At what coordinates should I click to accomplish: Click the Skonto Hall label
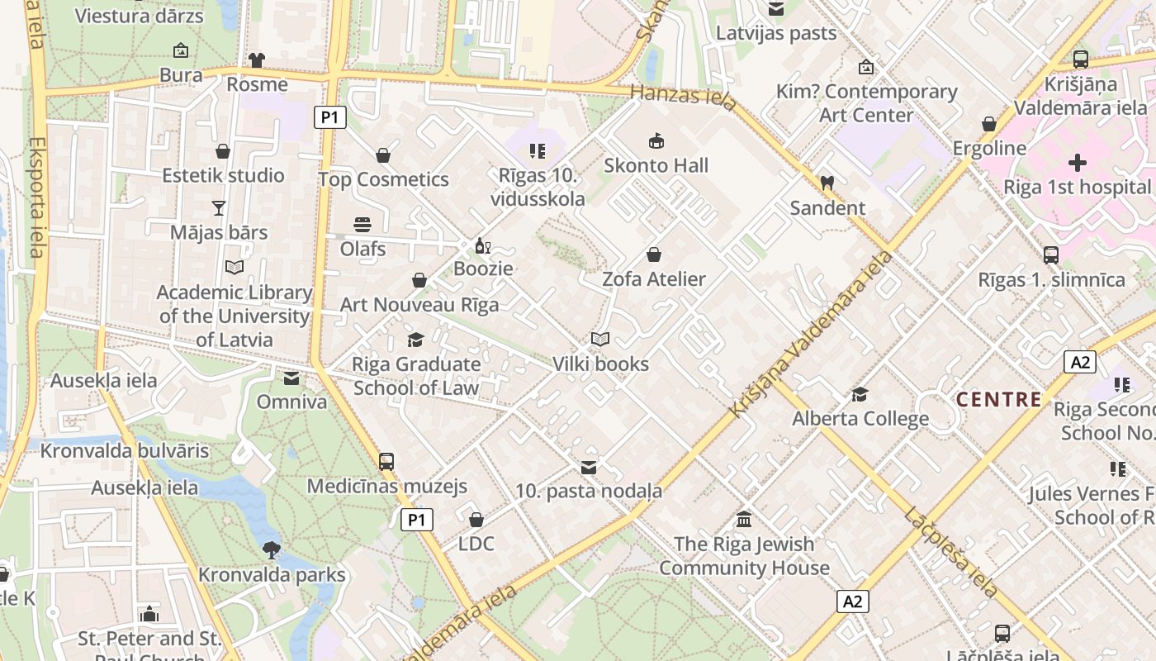tap(656, 165)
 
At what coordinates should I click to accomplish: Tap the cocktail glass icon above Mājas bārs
tap(219, 207)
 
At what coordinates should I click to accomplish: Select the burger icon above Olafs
tap(362, 224)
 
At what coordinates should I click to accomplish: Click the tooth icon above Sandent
tap(827, 183)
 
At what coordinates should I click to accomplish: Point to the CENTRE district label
tap(999, 400)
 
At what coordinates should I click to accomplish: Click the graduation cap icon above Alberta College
tap(860, 393)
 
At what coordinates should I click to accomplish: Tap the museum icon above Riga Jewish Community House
tap(744, 519)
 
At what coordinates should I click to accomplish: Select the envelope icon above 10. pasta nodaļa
tap(589, 468)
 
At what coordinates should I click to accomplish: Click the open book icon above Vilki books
tap(600, 339)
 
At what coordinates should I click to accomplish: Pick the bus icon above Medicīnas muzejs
tap(386, 461)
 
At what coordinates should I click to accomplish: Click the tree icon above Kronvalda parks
tap(271, 549)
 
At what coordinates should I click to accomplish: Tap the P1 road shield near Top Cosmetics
tap(329, 117)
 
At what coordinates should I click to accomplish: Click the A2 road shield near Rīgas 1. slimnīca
tap(1079, 361)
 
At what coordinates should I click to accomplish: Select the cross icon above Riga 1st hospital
tap(1077, 163)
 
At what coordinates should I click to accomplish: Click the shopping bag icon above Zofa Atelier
tap(654, 254)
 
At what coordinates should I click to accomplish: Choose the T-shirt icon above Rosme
tap(257, 59)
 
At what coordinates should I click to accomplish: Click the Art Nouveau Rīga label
tap(419, 305)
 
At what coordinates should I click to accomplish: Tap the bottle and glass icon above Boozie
tap(483, 245)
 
